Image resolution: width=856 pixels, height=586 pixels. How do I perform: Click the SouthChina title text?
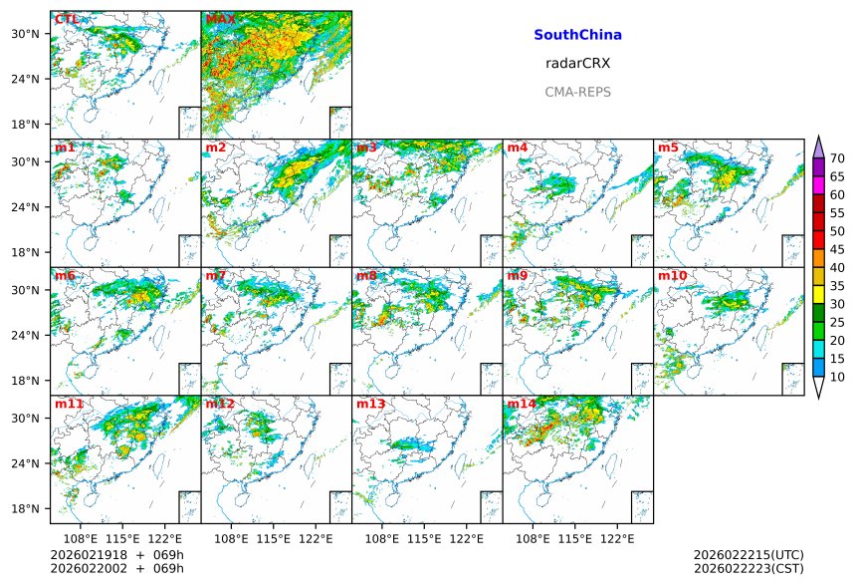point(577,35)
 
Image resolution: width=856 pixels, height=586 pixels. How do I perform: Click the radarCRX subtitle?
point(577,63)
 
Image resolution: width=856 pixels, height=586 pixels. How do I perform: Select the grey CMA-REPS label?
point(577,92)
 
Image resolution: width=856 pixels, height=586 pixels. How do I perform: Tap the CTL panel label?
point(68,19)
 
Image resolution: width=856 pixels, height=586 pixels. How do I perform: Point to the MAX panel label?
point(220,19)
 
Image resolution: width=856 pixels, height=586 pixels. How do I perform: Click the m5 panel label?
point(668,147)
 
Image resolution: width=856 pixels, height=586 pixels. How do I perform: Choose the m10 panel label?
point(672,275)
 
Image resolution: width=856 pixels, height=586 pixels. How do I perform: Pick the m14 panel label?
point(522,404)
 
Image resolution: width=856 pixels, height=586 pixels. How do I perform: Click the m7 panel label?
point(216,275)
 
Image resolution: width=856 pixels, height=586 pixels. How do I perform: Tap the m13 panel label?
point(370,404)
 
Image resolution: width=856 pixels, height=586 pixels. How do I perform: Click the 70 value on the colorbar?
point(837,158)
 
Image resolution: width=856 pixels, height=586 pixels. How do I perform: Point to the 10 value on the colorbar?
point(837,377)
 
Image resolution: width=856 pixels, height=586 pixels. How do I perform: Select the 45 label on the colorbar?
point(837,249)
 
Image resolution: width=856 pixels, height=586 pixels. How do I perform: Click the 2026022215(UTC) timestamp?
point(748,554)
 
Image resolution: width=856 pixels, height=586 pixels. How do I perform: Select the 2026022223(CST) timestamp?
point(748,568)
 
